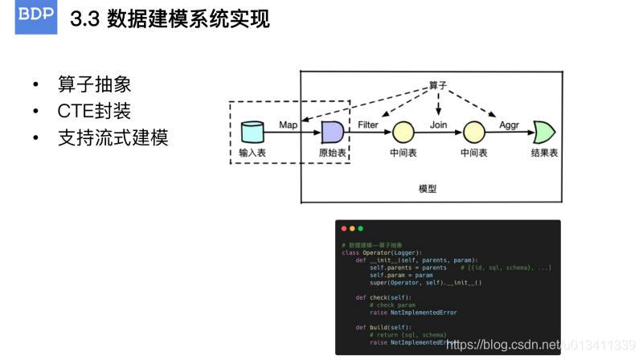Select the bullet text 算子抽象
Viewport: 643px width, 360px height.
[94, 85]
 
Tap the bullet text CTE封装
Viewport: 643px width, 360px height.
[93, 111]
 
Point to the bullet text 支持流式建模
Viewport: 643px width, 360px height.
[113, 137]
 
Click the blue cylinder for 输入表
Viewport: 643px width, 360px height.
[252, 131]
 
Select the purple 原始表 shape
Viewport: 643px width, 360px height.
[332, 131]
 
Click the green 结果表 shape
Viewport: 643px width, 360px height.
[544, 131]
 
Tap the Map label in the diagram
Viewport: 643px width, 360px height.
[289, 125]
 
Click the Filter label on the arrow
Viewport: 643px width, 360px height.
[368, 125]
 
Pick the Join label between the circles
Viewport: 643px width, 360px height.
[438, 125]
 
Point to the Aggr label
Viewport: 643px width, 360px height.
[508, 125]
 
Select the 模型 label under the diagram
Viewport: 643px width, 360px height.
[428, 189]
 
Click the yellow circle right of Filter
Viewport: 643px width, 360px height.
[403, 131]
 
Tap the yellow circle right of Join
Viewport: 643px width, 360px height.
[474, 131]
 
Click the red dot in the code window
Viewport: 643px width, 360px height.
[344, 229]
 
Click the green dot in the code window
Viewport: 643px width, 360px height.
[360, 229]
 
